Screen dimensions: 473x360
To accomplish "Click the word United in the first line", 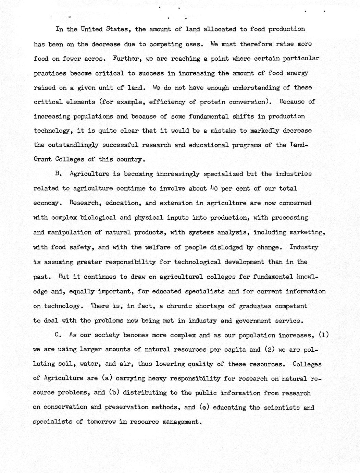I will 91,29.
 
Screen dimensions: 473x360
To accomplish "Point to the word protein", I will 212,102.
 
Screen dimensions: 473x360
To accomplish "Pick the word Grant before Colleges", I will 43,159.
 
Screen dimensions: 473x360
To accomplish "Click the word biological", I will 97,218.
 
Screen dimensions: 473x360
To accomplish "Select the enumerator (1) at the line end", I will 323,335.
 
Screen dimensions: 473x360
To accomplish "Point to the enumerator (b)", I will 114,393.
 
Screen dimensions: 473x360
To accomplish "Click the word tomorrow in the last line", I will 101,422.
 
